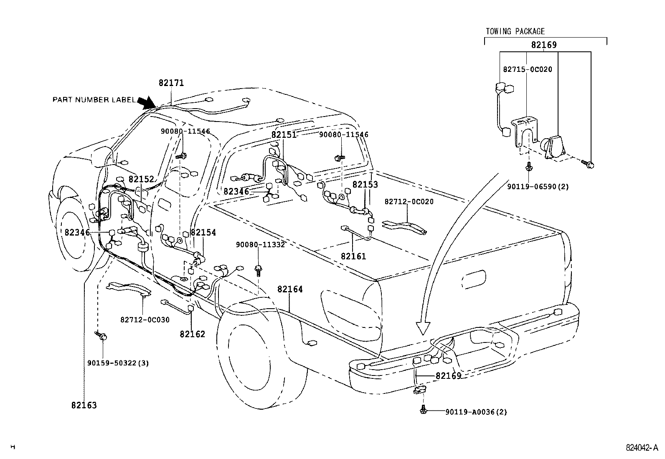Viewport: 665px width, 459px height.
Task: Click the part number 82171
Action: tap(171, 83)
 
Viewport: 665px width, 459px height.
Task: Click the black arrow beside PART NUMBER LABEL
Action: tap(146, 102)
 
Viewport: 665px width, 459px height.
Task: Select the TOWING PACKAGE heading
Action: tap(515, 31)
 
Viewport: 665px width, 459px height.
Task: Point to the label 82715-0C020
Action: tap(527, 69)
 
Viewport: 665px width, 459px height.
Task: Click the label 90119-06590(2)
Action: tap(538, 187)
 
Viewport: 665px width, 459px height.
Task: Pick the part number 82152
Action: tap(141, 179)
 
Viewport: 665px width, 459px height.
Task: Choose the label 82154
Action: tap(203, 233)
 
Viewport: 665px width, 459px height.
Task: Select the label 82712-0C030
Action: tap(145, 320)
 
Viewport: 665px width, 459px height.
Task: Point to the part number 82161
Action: tap(353, 256)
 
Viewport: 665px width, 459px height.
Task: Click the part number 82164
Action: tap(290, 289)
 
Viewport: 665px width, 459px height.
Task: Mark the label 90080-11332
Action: tap(260, 245)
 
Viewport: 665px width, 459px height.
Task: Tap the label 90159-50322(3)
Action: tap(118, 363)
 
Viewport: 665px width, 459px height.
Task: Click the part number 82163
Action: tap(84, 405)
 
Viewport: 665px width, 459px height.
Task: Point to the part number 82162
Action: tap(193, 334)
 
